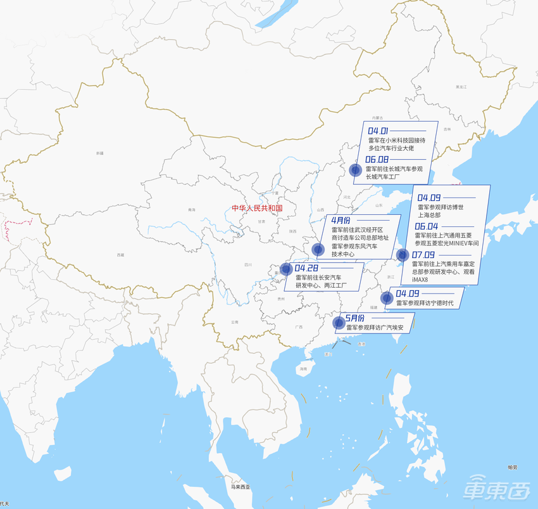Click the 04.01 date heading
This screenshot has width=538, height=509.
(378, 131)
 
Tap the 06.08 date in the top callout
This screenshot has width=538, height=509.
(377, 160)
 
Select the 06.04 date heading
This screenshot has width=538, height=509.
(427, 226)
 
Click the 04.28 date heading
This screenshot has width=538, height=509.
(306, 269)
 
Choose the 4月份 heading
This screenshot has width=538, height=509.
(341, 220)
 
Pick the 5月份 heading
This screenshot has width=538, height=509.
(355, 318)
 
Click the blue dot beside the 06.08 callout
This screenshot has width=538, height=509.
(356, 169)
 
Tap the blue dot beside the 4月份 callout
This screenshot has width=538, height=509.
(318, 249)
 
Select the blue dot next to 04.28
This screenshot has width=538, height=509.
(286, 269)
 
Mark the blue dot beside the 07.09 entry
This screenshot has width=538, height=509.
(402, 255)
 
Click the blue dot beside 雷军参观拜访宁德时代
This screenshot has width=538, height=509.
(386, 298)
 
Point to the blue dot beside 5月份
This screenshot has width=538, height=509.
(339, 323)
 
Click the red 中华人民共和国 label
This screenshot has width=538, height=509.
(256, 208)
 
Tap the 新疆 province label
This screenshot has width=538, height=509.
(99, 153)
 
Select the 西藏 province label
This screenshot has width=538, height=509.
(120, 255)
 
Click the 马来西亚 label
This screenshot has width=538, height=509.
(241, 487)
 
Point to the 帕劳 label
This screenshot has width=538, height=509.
(512, 467)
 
